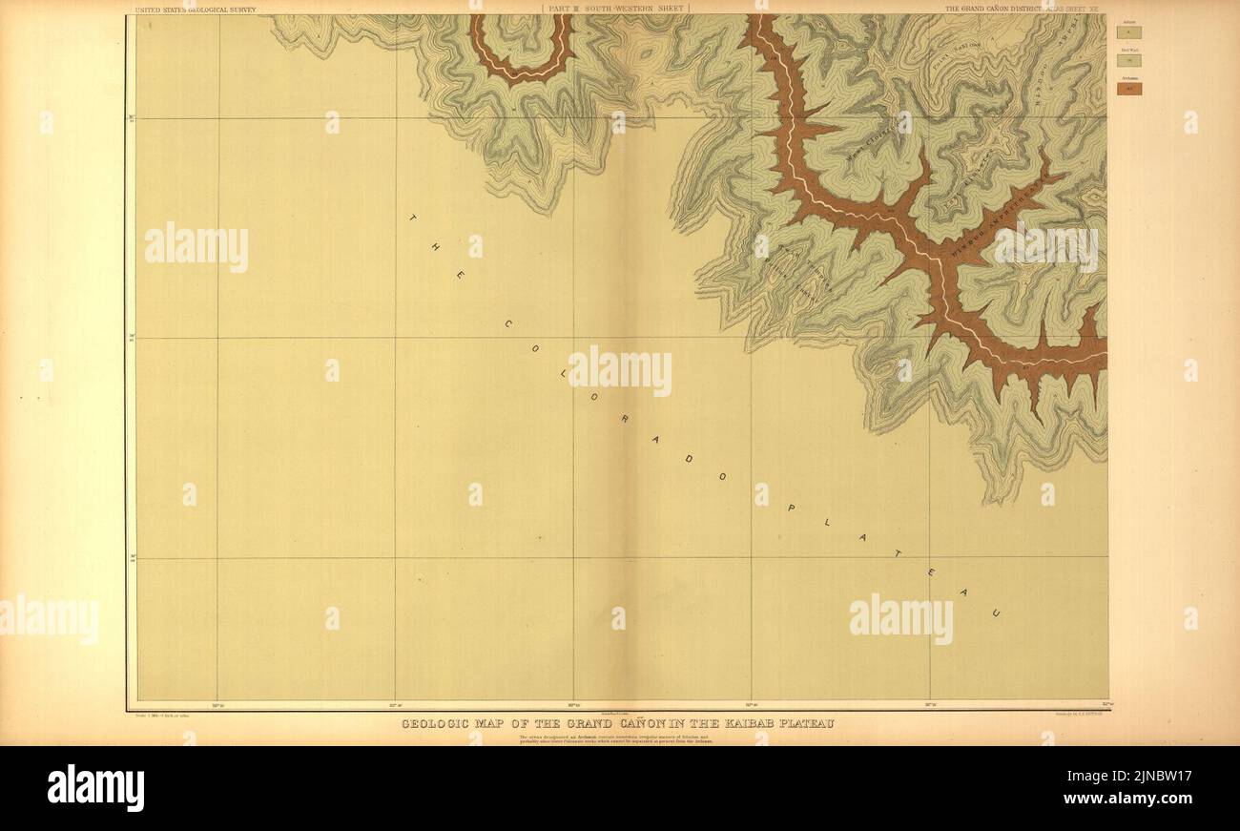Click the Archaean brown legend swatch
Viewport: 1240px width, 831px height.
click(1128, 89)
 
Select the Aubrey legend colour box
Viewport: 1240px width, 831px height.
click(1128, 31)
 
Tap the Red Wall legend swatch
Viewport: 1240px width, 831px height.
click(1128, 60)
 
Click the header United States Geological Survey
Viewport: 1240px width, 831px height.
click(195, 9)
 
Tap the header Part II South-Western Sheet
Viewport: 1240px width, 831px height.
click(615, 9)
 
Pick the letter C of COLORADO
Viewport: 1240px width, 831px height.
click(507, 323)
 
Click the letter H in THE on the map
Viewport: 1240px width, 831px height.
click(435, 245)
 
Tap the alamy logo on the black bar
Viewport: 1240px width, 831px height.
click(95, 788)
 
